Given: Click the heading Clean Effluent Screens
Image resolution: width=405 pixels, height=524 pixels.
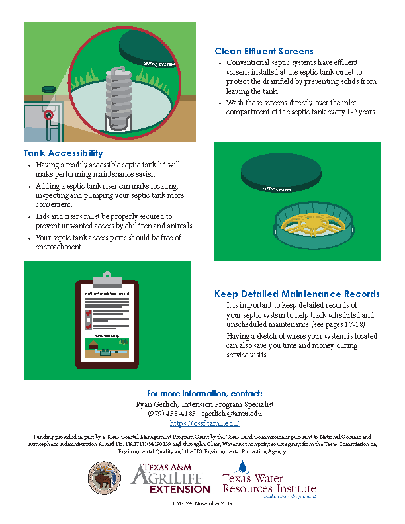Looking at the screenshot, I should coord(263,51).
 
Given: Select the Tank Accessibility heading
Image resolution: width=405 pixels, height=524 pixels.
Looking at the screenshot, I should coord(64,153).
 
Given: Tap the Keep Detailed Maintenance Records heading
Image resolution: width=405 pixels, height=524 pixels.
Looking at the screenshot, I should coord(297,294).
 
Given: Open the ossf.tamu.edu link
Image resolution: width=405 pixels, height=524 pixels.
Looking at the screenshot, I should coord(204,423).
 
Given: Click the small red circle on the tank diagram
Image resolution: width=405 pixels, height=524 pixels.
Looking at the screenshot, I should coord(48,116).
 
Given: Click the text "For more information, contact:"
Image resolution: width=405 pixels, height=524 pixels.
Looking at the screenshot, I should coord(204,393).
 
